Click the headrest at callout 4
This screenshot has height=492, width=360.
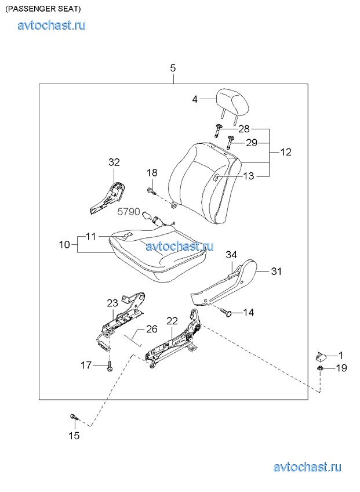(x=234, y=102)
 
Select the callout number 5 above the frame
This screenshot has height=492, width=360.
(x=173, y=68)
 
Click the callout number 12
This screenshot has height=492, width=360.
(x=286, y=152)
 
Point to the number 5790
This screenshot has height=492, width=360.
(x=129, y=212)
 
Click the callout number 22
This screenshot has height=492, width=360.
(x=172, y=321)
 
